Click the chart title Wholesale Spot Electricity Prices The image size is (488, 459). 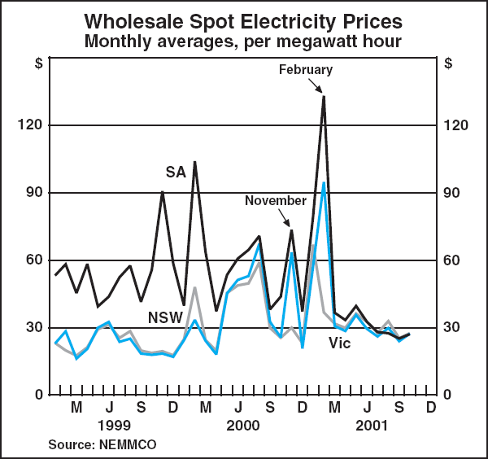click(x=244, y=19)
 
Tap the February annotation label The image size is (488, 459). click(x=305, y=70)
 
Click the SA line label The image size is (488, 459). click(x=176, y=172)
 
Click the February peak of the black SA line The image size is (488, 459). click(x=324, y=97)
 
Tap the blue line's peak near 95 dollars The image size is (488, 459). click(x=324, y=183)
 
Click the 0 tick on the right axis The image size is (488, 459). click(x=451, y=395)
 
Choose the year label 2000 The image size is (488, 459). click(x=242, y=425)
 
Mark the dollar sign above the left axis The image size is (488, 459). click(x=38, y=63)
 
